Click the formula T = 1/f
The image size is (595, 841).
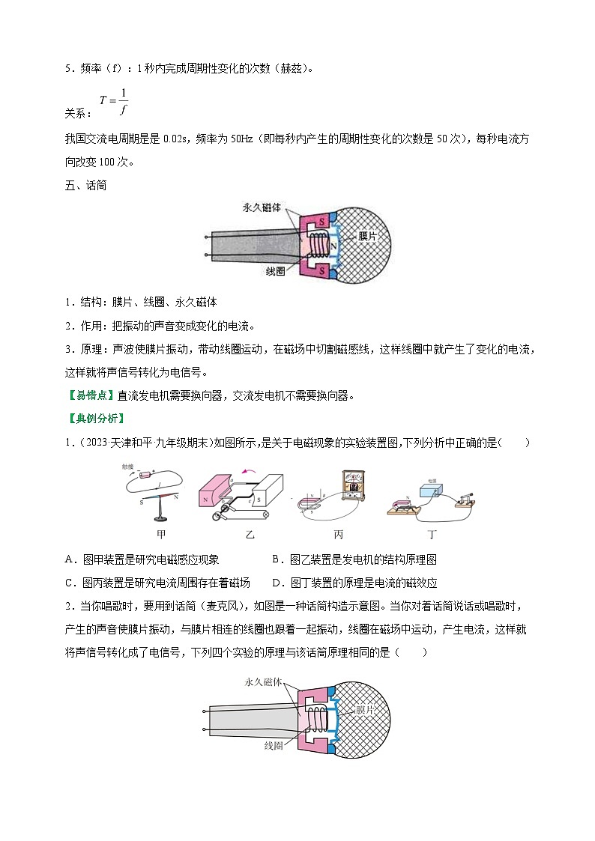pos(114,102)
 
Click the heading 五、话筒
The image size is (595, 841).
pos(86,185)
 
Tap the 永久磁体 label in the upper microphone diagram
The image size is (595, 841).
pos(262,207)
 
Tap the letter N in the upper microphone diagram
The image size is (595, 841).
pos(333,245)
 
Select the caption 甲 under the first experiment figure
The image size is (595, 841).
pos(160,535)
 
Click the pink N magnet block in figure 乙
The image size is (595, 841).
pos(211,495)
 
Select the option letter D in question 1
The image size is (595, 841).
pos(277,583)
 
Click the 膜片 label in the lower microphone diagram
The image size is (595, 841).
pos(365,708)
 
